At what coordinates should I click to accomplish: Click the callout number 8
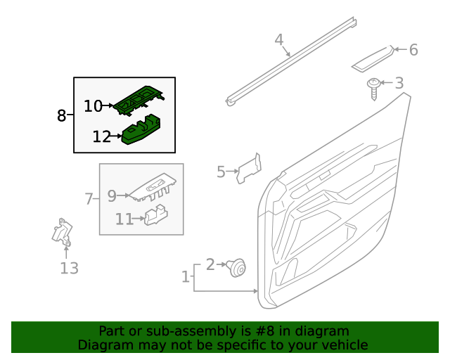pos(61,115)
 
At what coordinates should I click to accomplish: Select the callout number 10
pos(93,106)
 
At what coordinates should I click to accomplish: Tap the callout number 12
pos(101,136)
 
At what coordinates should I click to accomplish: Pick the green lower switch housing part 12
pos(143,131)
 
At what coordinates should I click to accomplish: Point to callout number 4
pos(278,39)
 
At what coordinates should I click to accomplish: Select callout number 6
pos(413,50)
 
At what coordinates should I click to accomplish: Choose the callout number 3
pos(399,83)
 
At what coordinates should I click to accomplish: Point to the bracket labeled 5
pos(249,169)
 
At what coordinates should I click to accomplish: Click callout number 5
pos(221,172)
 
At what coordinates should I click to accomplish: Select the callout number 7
pos(89,199)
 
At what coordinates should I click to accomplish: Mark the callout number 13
pos(69,268)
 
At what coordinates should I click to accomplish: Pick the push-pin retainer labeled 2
pos(239,266)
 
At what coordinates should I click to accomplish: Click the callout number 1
pos(186,277)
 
